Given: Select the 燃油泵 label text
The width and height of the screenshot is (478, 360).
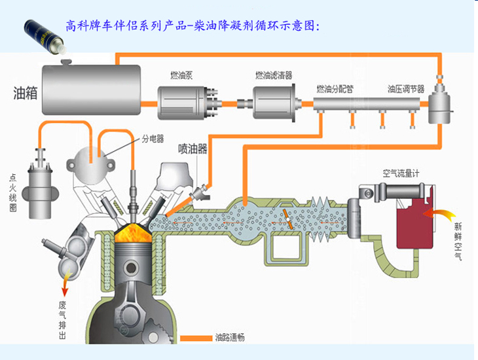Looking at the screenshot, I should point(180,75).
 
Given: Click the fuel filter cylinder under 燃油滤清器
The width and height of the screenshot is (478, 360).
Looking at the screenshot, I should point(274,103).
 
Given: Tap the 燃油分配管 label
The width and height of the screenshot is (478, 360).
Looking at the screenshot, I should point(335,88).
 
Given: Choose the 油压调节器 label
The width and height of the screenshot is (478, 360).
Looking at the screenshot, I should point(405,88).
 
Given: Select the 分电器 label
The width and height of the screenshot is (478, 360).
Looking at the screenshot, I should point(153,139).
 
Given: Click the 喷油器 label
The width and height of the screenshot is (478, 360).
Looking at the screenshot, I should point(193,149).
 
